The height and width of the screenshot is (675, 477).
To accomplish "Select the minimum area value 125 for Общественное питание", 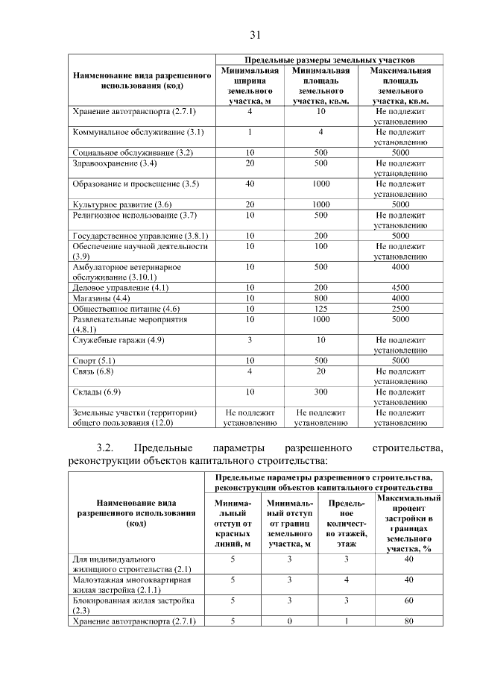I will coord(321,309).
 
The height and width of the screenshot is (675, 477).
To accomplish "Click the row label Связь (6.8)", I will coord(93,371).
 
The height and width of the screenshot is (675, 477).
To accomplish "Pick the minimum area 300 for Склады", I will coord(321,392).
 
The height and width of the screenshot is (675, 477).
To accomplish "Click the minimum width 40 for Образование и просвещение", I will coord(250,183).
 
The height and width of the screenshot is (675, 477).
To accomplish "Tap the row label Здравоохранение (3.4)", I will coord(114,163).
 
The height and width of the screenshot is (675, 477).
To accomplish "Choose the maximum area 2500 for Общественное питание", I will coord(401,309).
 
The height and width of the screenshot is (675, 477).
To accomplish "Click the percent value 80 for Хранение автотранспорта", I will coord(408,621).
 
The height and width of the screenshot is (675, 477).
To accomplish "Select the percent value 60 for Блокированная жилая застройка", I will coord(408,600).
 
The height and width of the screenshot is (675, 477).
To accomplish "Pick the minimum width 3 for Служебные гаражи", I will coord(250,340).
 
